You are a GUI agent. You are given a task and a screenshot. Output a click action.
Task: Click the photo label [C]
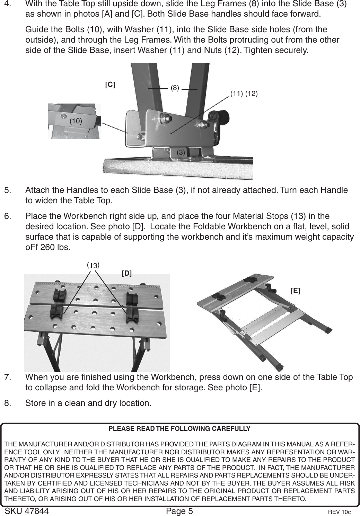point(110,84)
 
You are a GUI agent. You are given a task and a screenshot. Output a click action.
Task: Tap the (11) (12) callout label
point(244,94)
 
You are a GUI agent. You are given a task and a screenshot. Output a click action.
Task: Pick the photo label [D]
point(127,273)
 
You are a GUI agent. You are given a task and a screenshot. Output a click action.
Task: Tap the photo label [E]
point(295,291)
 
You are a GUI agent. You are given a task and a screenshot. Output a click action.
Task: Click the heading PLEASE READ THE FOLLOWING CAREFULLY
point(179,429)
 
